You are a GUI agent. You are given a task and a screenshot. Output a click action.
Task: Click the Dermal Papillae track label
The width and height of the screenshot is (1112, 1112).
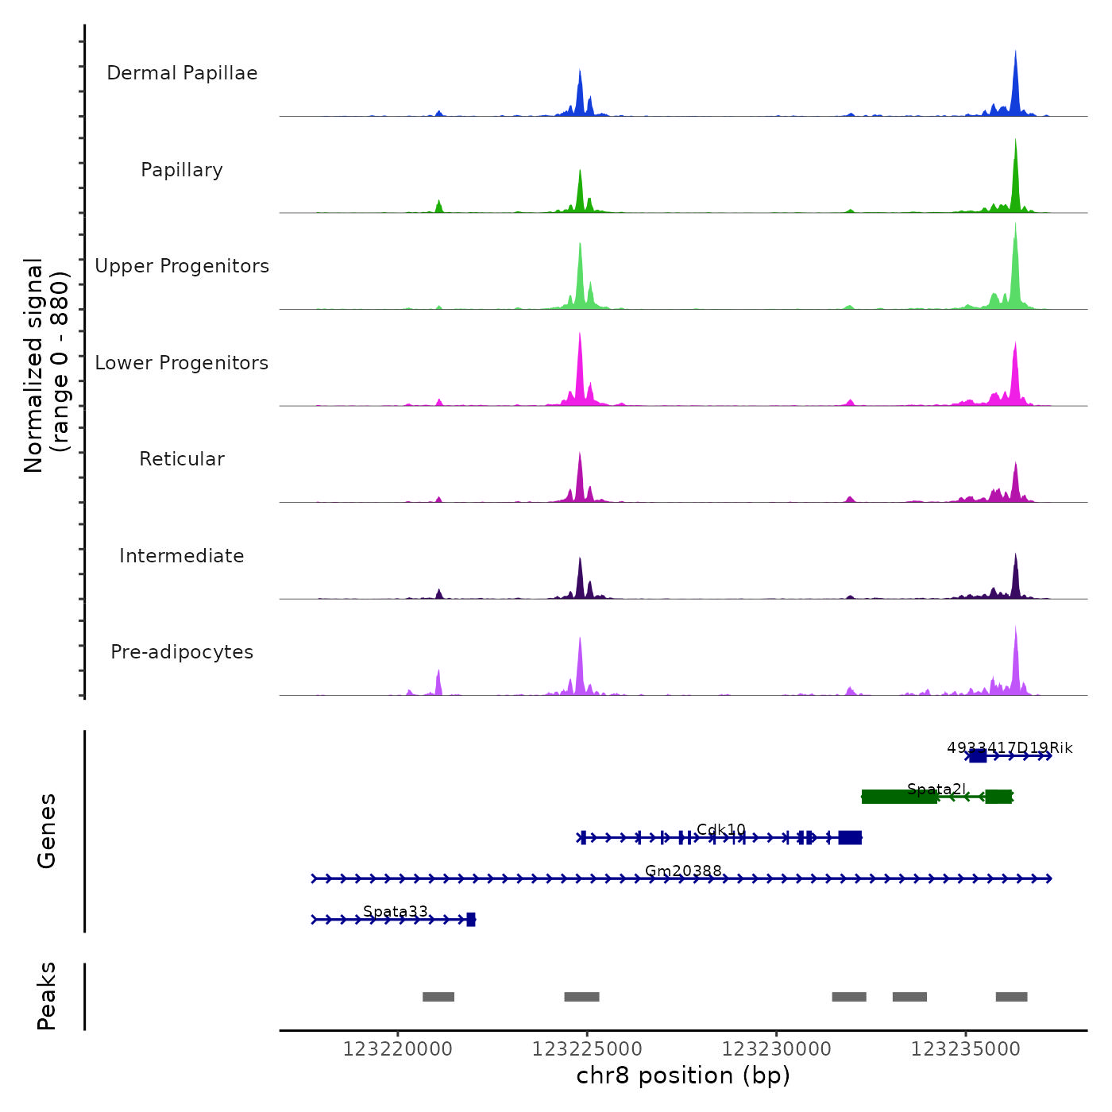tap(182, 73)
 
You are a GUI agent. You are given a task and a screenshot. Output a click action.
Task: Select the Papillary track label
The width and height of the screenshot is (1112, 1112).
tap(182, 170)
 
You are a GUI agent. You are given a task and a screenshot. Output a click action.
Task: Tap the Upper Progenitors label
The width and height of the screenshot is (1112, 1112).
tap(182, 266)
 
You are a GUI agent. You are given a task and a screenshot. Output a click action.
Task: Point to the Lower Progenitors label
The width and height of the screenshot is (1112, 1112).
tap(182, 363)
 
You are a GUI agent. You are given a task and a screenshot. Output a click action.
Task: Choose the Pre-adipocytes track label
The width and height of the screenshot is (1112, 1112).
tap(182, 652)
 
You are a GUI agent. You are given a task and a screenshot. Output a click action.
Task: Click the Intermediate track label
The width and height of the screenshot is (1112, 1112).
tap(182, 556)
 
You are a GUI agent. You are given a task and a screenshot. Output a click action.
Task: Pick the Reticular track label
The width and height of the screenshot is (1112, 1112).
tap(182, 459)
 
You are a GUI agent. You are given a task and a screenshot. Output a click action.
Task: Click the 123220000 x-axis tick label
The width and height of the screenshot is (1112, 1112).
tap(397, 1049)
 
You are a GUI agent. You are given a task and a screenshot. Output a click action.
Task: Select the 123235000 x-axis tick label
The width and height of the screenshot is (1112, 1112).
tap(965, 1049)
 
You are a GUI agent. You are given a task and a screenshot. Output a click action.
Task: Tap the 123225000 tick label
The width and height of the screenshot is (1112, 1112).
tap(587, 1049)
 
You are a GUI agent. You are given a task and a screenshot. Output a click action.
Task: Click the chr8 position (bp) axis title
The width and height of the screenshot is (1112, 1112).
tap(683, 1075)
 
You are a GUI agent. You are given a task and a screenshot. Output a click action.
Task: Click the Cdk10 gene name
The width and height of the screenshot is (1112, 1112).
tap(721, 829)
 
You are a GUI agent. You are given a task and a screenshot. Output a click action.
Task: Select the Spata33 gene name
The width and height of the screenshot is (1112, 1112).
tap(396, 911)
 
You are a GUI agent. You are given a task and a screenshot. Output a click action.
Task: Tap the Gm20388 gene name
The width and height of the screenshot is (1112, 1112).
tap(683, 871)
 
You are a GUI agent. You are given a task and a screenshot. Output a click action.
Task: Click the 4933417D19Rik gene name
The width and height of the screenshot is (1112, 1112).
tap(1010, 747)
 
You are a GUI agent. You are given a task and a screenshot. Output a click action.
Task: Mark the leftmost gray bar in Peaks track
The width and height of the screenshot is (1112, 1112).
tap(438, 997)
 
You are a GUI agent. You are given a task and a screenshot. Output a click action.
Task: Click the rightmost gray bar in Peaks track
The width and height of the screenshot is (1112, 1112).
tap(1011, 997)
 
